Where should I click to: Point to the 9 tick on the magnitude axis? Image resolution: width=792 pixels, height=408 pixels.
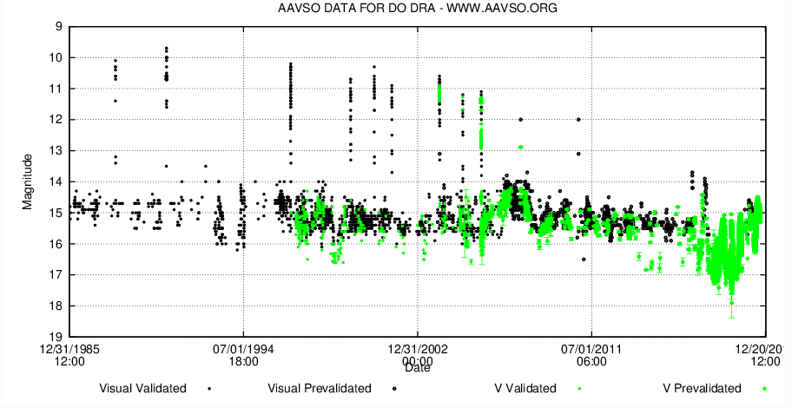[x=58, y=27]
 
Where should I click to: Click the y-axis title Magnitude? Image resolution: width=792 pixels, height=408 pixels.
[x=29, y=181]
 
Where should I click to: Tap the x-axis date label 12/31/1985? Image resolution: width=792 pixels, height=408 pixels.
[x=69, y=349]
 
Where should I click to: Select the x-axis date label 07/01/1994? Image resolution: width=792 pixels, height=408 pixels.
[x=243, y=349]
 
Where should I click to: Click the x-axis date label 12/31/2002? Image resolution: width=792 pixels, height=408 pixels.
[x=418, y=349]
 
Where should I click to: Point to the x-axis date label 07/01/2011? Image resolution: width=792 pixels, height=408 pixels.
[x=591, y=349]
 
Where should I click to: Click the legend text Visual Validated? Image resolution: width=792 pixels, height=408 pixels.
[x=142, y=388]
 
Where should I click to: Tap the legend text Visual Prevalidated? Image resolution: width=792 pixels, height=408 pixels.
[x=320, y=388]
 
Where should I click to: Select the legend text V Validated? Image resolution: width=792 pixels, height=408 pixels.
[x=520, y=388]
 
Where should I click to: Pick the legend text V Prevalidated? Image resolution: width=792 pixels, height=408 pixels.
[x=702, y=388]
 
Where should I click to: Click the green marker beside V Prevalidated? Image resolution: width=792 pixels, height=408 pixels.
[x=765, y=388]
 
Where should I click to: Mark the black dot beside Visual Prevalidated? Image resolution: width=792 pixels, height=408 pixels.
[x=393, y=388]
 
